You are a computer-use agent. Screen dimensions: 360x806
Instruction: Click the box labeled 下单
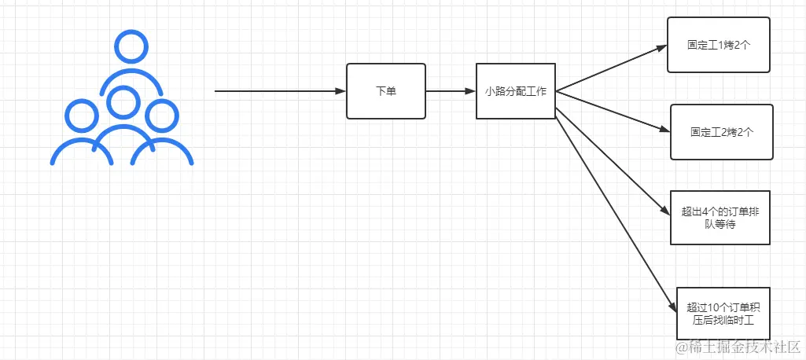point(385,91)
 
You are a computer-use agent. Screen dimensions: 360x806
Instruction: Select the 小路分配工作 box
point(516,91)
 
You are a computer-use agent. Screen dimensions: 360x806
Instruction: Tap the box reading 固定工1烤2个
point(718,45)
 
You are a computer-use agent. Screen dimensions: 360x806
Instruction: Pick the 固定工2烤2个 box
point(721,132)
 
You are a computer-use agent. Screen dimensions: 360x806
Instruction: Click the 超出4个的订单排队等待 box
point(720,218)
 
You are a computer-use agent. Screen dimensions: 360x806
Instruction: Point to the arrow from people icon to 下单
point(279,91)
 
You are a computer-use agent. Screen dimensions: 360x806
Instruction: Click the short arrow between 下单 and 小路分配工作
point(451,91)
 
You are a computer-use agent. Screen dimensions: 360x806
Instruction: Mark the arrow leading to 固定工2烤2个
point(613,111)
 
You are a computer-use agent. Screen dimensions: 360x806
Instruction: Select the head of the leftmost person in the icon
point(82,116)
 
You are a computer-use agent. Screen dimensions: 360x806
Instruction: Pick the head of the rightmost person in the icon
point(162,116)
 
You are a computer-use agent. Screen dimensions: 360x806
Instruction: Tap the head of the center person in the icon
point(122,101)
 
